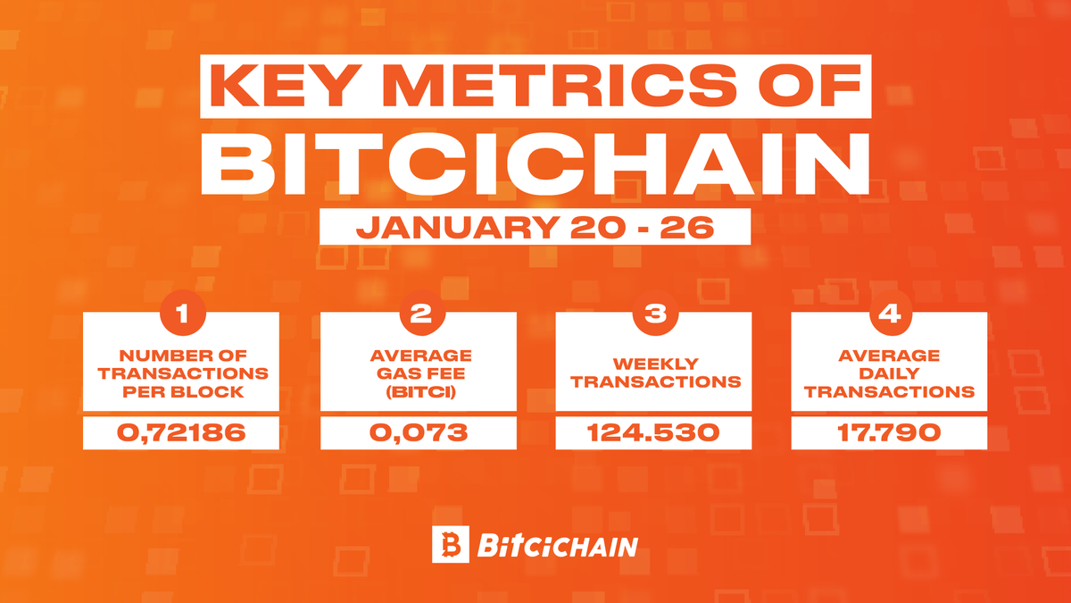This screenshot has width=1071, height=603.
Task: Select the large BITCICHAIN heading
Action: pos(535,166)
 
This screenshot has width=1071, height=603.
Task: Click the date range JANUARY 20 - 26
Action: pos(535,227)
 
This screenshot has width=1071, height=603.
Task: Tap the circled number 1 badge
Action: pos(182,315)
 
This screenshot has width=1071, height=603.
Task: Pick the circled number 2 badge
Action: pos(418,315)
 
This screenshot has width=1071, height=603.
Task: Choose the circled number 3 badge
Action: pos(653,315)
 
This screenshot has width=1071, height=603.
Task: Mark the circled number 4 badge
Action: pos(889,315)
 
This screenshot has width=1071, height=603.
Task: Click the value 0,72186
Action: pos(182,434)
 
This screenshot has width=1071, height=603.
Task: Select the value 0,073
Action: pos(418,434)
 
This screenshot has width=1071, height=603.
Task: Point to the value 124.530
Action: pos(653,434)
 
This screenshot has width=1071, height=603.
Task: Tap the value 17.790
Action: pos(889,434)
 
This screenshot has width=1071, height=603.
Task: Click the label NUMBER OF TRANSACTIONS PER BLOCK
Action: pos(182,373)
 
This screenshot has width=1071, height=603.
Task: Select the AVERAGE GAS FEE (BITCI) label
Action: pos(418,373)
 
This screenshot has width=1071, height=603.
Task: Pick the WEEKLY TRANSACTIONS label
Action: pos(653,373)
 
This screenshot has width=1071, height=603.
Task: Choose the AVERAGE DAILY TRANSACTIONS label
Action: pos(889,373)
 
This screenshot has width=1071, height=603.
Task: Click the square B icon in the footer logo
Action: pos(450,544)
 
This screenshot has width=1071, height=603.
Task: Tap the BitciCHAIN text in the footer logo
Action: pos(558,545)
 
